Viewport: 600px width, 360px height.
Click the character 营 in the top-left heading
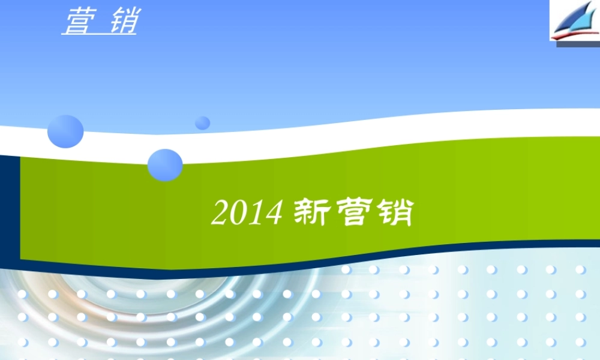(77, 22)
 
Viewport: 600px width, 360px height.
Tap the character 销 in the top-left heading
(124, 22)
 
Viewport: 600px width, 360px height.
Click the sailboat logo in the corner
(574, 22)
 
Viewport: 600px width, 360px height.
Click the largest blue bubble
(65, 131)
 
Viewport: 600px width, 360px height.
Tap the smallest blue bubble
(203, 122)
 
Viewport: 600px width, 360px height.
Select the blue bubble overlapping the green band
(165, 165)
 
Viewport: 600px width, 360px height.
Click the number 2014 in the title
(247, 213)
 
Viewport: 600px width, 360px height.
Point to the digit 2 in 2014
(220, 213)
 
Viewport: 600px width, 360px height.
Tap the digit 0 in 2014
(238, 213)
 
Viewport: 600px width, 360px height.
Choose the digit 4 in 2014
(273, 213)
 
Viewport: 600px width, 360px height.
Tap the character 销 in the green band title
(394, 213)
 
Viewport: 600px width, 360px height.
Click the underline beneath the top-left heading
(99, 34)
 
